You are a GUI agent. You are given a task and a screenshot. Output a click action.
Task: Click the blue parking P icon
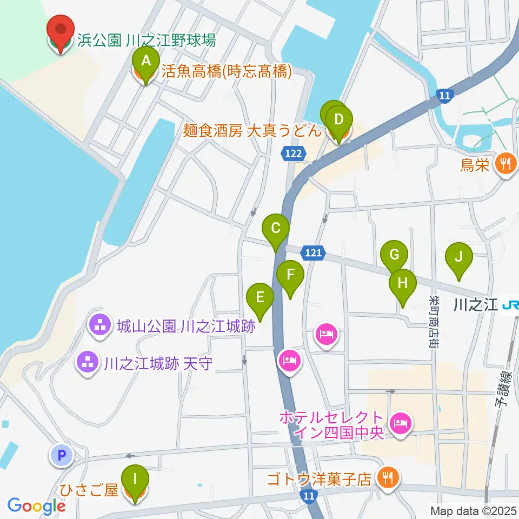pos(62,456)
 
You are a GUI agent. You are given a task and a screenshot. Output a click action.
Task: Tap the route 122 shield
pos(291,154)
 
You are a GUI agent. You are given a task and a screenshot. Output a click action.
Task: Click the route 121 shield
pos(314,252)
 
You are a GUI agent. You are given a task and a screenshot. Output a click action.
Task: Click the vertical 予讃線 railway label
pos(504,385)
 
